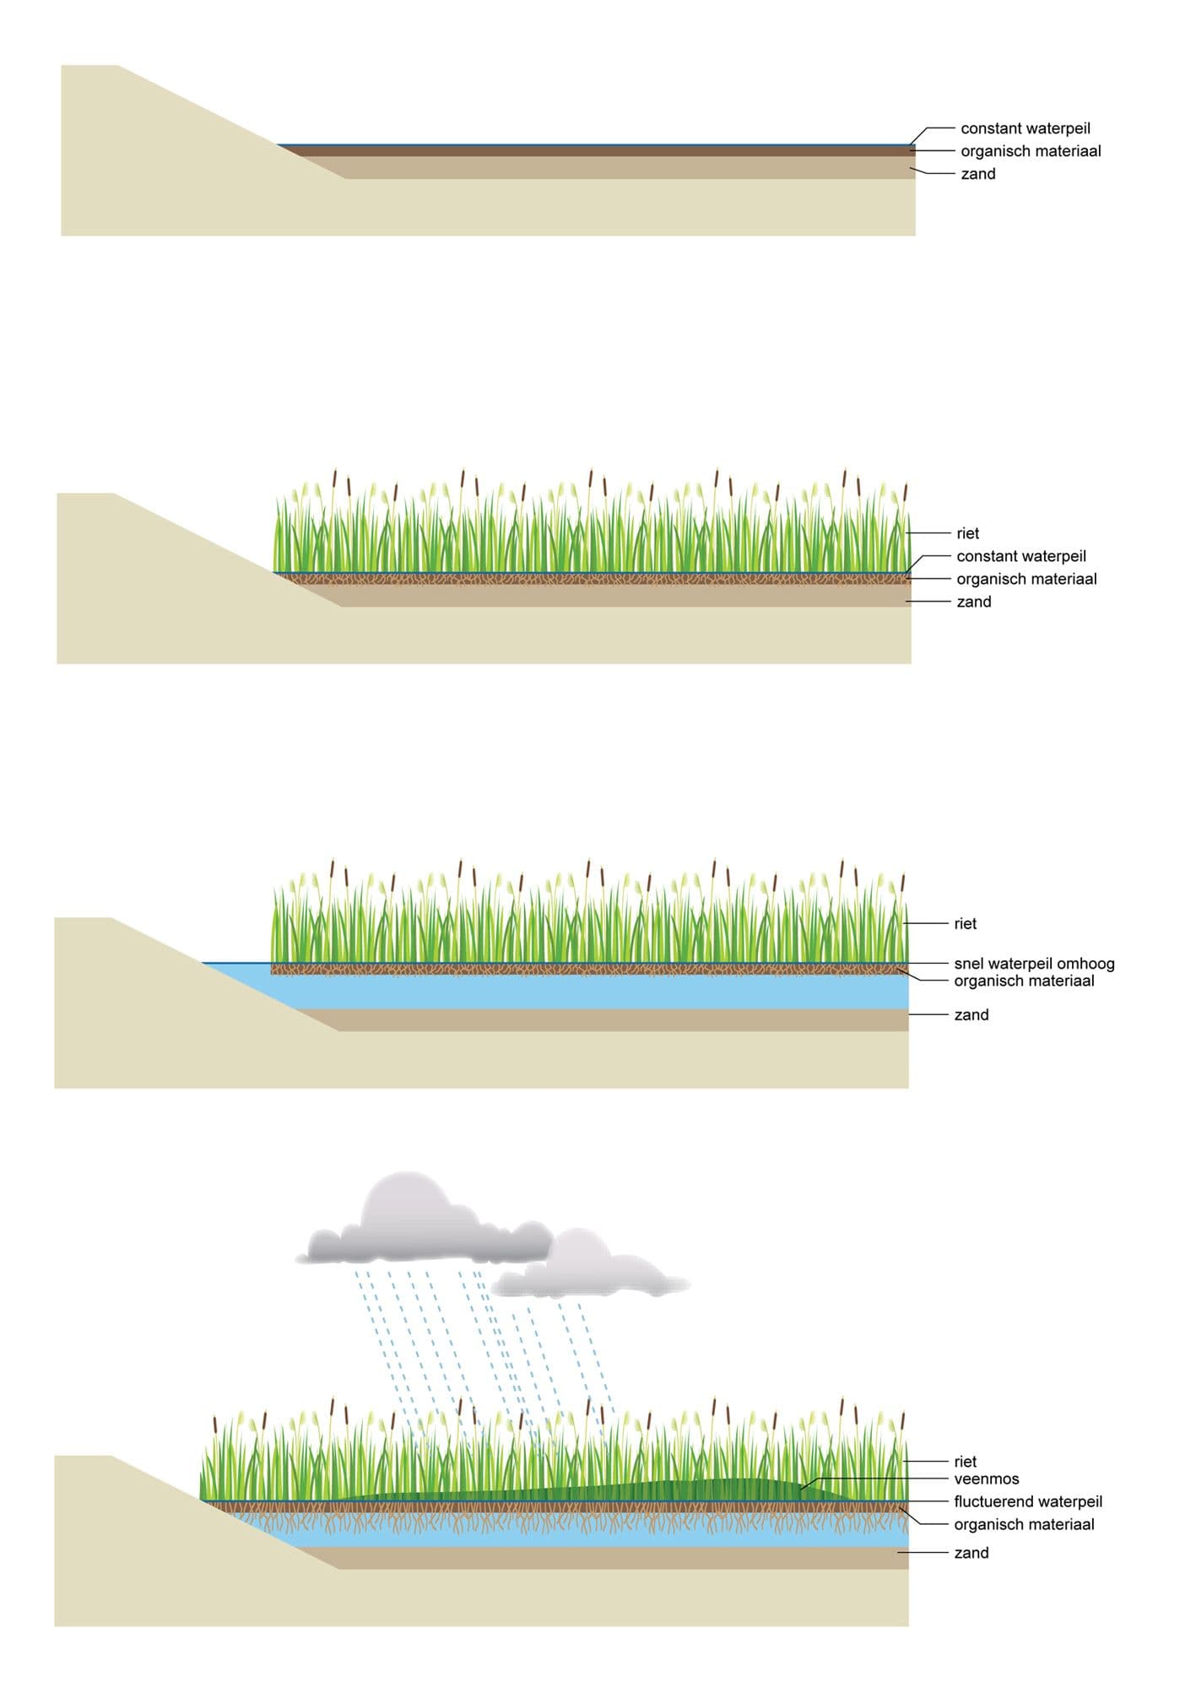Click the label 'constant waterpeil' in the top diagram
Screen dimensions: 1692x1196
1025,128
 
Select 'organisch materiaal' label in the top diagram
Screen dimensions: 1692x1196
1031,151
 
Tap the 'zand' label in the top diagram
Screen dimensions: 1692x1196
977,174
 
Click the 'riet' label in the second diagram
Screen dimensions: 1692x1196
967,533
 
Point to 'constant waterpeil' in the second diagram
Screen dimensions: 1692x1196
1020,556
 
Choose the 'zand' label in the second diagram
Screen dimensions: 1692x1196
973,602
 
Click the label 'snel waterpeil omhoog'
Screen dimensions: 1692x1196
1034,963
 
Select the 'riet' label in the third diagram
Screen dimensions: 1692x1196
965,924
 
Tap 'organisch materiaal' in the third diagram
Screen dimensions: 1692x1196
1024,981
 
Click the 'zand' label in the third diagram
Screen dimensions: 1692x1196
971,1015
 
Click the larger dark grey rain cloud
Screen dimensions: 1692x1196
422,1224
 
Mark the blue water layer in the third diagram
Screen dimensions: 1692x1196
591,992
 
